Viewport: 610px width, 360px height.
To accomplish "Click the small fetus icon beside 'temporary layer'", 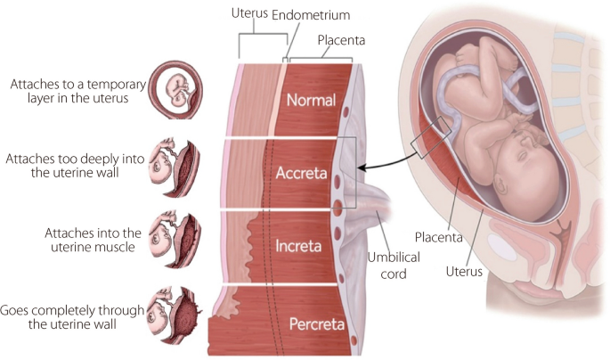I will [x=174, y=90].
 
